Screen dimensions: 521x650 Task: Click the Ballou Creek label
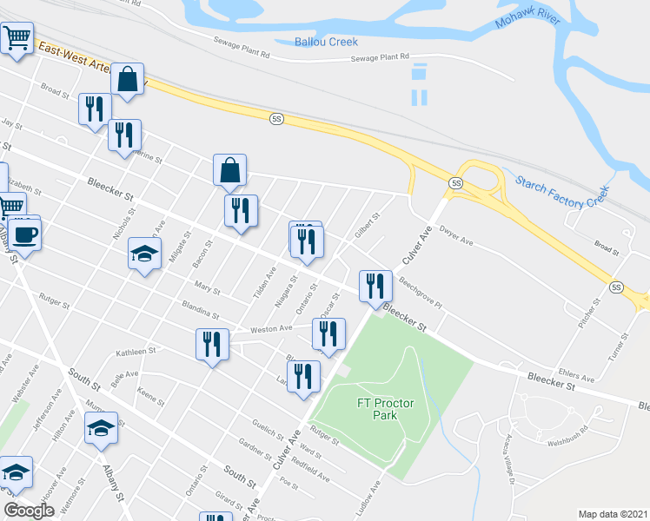pyautogui.click(x=326, y=42)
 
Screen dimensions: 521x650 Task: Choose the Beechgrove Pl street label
pyautogui.click(x=421, y=294)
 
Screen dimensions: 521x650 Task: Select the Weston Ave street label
pyautogui.click(x=271, y=329)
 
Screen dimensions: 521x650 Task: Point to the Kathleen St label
pyautogui.click(x=135, y=353)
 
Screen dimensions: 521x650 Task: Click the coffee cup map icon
pyautogui.click(x=24, y=235)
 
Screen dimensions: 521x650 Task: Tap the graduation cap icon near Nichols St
pyautogui.click(x=145, y=254)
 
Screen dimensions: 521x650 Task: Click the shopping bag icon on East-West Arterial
pyautogui.click(x=128, y=80)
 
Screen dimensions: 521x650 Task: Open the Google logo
pyautogui.click(x=29, y=511)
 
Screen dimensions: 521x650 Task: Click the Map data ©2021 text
pyautogui.click(x=614, y=514)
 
